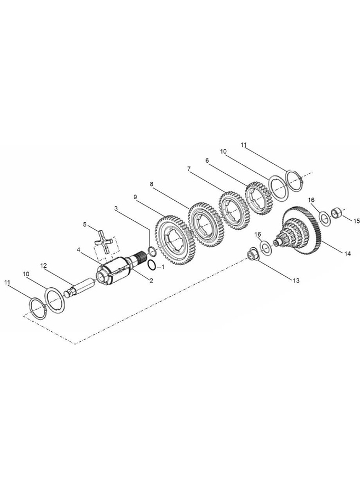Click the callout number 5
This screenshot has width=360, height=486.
point(85,223)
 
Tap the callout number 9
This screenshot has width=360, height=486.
point(135,197)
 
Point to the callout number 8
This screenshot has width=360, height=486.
point(151,184)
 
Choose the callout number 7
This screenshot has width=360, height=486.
point(188,169)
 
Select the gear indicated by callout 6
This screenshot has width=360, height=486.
point(259,195)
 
